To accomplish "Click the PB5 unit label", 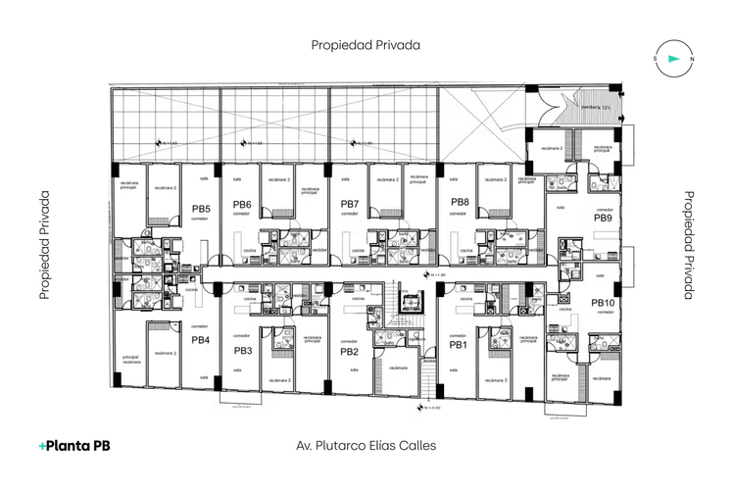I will click(201, 209).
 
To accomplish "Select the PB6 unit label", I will click(242, 205).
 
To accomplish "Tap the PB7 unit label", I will click(350, 205).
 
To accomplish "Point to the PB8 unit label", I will click(460, 203).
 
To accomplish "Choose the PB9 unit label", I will click(603, 219).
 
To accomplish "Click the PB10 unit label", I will click(603, 304).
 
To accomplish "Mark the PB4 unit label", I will click(200, 340).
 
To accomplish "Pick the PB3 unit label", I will click(243, 350).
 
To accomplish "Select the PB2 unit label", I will click(350, 351).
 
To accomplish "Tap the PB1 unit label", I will click(458, 345).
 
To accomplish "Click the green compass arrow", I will click(673, 59).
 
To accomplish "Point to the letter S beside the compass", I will click(655, 59).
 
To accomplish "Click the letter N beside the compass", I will click(692, 59).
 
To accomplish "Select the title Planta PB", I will click(74, 445).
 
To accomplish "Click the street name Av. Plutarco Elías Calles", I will click(366, 445).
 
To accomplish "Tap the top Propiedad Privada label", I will click(366, 45).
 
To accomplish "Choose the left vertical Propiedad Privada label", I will click(45, 245).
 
